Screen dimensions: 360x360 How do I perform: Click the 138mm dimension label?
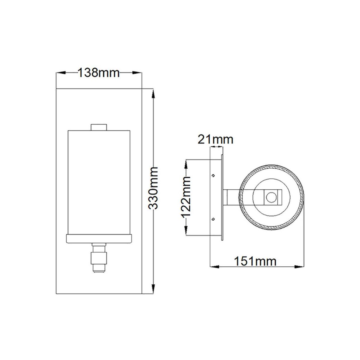(98, 73)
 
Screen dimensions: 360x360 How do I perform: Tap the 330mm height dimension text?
(153, 188)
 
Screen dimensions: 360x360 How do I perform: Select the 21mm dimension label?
(215, 139)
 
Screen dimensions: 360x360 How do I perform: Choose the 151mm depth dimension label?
(255, 261)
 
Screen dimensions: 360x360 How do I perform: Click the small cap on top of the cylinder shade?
(99, 127)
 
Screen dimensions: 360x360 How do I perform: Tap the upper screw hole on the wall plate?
(213, 175)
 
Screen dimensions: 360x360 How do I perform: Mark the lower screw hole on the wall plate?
(213, 219)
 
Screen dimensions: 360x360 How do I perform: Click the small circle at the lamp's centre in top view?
(271, 197)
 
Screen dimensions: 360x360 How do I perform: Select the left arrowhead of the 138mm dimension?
(61, 73)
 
